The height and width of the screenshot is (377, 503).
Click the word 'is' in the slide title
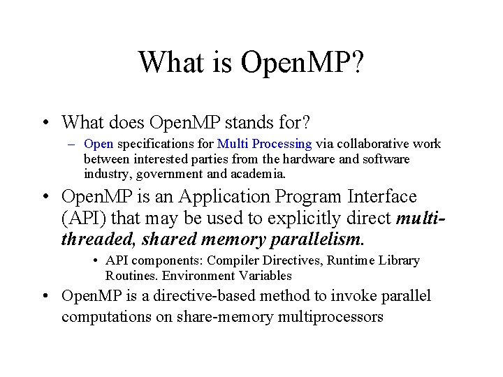221,62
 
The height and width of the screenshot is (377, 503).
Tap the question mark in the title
356,62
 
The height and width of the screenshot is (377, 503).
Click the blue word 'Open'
99,144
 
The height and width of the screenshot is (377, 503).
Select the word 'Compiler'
230,260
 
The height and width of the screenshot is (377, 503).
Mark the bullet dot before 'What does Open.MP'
44,123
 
